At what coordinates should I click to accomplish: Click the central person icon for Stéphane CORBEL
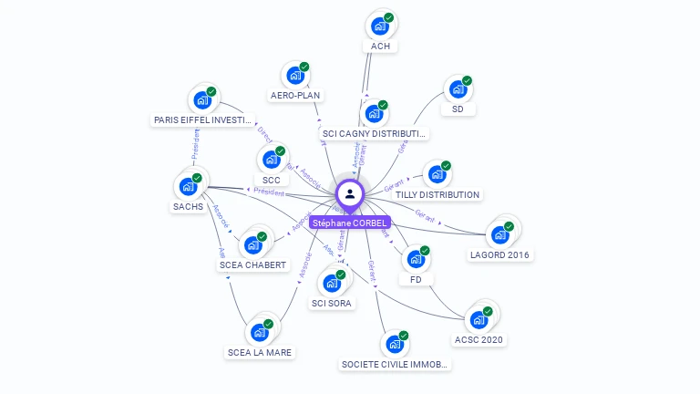click(350, 193)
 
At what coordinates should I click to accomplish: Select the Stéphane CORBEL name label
click(350, 223)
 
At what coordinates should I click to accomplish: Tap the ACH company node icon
click(380, 26)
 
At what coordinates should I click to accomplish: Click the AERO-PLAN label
click(296, 95)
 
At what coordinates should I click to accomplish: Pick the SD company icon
click(458, 89)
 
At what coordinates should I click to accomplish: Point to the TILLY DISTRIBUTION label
click(437, 194)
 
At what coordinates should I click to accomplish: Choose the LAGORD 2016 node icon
click(499, 234)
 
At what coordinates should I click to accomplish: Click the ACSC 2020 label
click(479, 339)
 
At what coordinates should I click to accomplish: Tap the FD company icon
click(416, 259)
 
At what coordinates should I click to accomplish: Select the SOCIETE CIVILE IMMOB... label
click(395, 364)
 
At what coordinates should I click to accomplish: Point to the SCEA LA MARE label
click(261, 352)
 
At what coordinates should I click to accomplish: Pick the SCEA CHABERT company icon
click(252, 245)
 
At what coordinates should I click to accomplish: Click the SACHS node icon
click(188, 186)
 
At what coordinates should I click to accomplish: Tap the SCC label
click(271, 180)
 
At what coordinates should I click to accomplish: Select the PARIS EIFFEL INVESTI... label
click(201, 119)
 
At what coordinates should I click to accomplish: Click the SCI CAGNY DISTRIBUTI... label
click(375, 134)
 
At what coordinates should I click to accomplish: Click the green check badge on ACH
click(389, 17)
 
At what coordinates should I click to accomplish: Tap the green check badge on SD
click(467, 80)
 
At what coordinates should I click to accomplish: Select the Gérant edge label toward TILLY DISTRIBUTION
click(394, 186)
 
